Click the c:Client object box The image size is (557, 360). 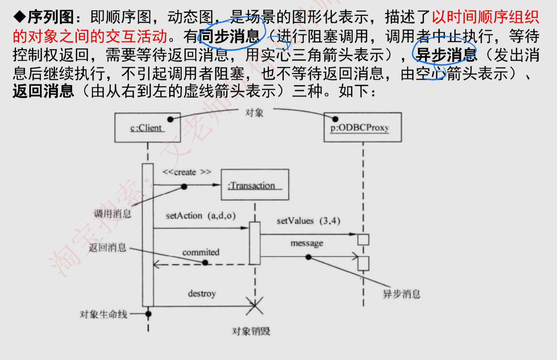(147, 128)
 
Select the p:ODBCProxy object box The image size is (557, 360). (362, 128)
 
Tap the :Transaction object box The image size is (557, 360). (254, 185)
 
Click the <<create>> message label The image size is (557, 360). (186, 172)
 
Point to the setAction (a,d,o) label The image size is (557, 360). (200, 216)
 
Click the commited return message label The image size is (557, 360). (200, 252)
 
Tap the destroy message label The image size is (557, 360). (202, 294)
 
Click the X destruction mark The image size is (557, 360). (255, 306)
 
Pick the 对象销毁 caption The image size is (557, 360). (251, 331)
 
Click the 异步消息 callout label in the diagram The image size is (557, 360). (401, 294)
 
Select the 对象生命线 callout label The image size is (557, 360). (103, 314)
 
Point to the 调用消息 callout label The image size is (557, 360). (112, 214)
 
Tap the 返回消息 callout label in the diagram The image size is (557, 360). (107, 247)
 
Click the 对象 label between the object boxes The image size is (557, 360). (254, 113)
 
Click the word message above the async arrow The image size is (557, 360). (307, 244)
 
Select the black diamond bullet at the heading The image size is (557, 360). (20, 17)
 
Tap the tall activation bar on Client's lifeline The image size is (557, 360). (148, 234)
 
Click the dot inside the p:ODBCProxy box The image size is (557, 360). (335, 119)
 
